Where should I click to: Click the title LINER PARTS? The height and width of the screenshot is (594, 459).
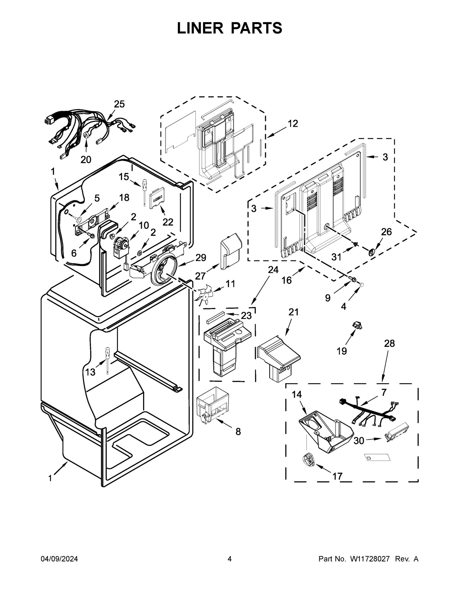(x=229, y=28)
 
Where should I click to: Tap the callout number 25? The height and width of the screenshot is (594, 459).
(x=119, y=104)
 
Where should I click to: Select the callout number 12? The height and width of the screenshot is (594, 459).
(x=293, y=124)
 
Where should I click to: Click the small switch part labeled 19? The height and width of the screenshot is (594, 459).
(x=358, y=325)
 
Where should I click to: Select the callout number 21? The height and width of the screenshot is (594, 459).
(x=293, y=312)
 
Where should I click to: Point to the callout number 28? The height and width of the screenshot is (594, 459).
(x=389, y=343)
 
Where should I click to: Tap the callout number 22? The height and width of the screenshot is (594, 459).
(x=168, y=222)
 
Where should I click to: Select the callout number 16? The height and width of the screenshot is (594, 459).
(x=286, y=280)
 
